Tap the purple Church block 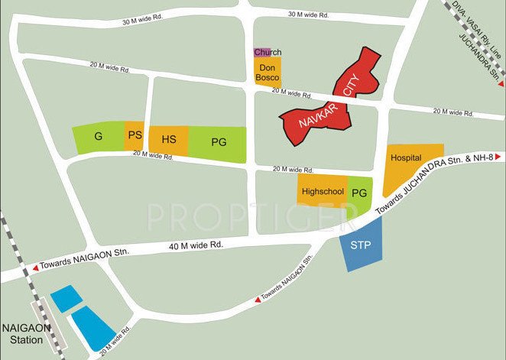261,53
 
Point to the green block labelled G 98,136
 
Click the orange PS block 135,136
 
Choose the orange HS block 169,141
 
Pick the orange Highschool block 323,193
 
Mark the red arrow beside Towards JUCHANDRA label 501,155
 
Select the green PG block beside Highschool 359,193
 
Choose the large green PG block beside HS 219,141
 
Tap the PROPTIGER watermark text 252,217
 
